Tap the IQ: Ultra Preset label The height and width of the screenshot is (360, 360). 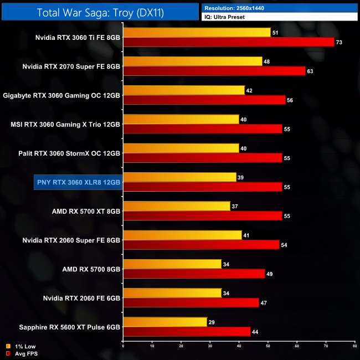225,17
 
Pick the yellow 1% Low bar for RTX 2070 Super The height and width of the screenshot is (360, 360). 192,61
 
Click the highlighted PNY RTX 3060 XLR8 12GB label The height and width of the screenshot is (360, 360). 78,181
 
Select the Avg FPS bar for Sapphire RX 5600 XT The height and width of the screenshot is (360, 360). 186,331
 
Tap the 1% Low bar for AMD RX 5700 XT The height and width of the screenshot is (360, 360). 176,206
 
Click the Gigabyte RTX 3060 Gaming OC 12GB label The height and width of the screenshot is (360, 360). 61,95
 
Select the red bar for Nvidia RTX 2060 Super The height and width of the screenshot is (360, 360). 201,244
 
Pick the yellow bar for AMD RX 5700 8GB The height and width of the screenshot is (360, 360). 172,264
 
